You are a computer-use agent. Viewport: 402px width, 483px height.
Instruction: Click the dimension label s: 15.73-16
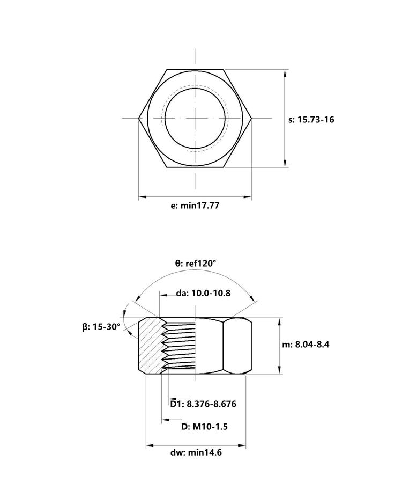tap(311, 120)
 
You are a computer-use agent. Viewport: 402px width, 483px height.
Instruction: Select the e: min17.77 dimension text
tap(195, 206)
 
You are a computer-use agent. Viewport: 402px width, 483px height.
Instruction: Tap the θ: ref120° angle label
tap(196, 264)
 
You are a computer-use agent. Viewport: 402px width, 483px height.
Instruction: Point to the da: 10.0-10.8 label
tap(203, 293)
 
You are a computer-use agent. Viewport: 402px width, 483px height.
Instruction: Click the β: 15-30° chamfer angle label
tap(101, 327)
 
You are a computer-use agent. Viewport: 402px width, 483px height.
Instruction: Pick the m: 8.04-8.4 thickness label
tap(306, 345)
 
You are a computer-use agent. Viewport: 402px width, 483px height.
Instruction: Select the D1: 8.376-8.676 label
tap(203, 404)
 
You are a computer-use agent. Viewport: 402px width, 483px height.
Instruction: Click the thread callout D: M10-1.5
tap(204, 427)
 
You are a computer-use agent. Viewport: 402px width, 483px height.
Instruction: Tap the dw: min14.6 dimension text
tap(196, 452)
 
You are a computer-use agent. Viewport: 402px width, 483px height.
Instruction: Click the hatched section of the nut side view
tap(150, 346)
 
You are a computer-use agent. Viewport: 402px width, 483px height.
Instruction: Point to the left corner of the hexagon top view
tap(139, 118)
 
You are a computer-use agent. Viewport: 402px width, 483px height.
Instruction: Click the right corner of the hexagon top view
tap(252, 118)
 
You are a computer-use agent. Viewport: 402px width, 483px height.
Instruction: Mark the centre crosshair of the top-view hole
tap(195, 118)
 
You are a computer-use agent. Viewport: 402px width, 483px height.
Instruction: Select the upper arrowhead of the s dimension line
tap(286, 74)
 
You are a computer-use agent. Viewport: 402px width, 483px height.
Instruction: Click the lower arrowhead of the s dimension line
tap(286, 163)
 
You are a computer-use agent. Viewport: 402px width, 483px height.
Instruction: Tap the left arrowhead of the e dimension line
tap(143, 196)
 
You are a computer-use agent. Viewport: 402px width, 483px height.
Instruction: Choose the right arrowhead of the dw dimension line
tap(242, 445)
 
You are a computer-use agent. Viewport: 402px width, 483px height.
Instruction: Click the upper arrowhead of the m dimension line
tap(279, 322)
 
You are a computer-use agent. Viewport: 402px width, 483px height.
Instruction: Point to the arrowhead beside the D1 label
tap(173, 399)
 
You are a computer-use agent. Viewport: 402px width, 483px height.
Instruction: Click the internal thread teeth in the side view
tap(178, 346)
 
